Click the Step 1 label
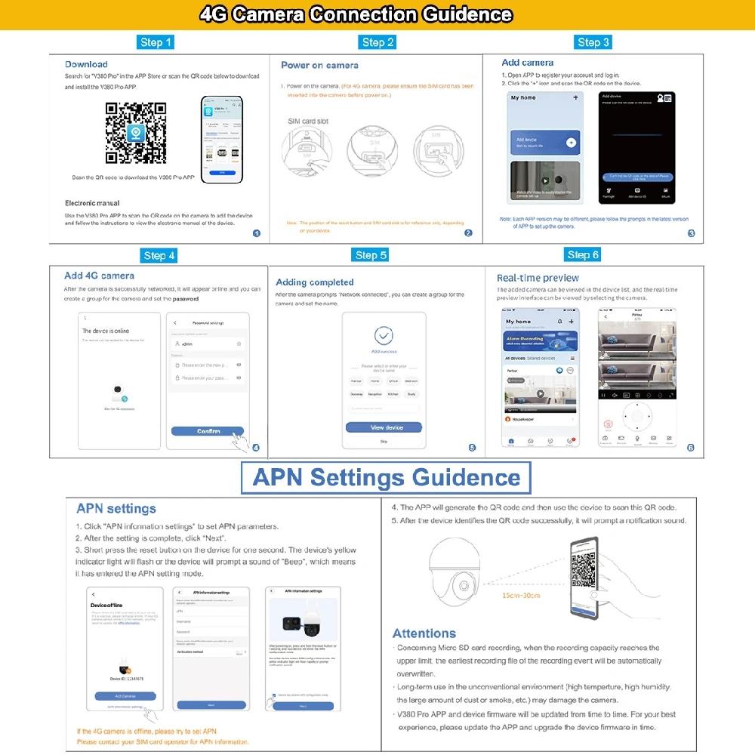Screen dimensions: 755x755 156,42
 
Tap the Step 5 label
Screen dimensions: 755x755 371,255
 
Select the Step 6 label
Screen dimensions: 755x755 583,255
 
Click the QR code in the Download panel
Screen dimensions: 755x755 136,134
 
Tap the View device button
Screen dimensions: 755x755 384,427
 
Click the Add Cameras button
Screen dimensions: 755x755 125,695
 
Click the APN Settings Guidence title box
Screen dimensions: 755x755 386,478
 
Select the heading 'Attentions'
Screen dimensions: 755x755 424,633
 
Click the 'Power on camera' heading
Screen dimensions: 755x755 319,66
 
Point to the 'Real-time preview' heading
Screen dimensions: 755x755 538,278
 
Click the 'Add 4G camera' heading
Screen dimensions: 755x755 99,276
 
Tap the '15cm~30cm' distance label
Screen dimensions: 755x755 521,596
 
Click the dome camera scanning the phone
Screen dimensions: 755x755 458,576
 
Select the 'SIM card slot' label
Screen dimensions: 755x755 308,121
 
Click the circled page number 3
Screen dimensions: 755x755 691,233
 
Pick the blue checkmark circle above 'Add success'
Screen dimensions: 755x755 384,335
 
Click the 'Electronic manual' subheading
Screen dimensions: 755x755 92,203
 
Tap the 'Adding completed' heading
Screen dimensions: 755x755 315,282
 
